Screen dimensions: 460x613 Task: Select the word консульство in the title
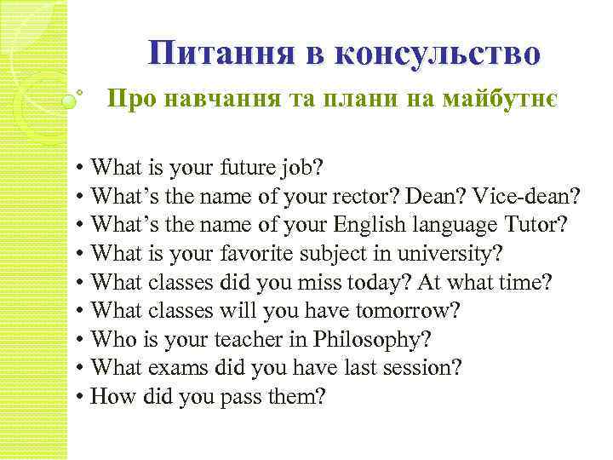438,54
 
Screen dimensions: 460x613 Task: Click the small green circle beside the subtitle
68,101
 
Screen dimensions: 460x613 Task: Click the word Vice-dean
532,197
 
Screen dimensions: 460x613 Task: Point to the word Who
110,341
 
